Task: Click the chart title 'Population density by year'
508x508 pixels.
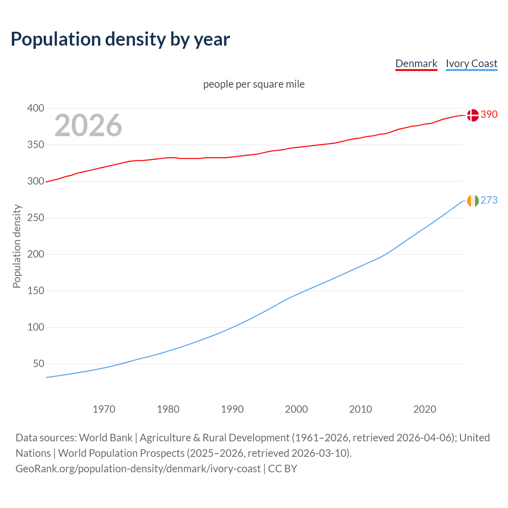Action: pos(120,39)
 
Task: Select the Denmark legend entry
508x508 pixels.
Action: pos(416,63)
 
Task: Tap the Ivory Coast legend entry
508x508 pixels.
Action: pos(471,63)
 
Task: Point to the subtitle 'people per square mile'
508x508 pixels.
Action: pos(254,84)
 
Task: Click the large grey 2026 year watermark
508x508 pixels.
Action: pos(88,125)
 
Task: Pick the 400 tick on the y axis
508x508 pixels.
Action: pos(35,108)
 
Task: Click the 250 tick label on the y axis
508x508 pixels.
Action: pos(35,218)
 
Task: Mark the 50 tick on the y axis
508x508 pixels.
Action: pos(38,364)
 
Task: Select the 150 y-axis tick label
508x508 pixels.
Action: pos(35,291)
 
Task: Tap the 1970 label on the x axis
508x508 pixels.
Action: pos(104,409)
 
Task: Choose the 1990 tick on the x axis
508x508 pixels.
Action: pos(232,409)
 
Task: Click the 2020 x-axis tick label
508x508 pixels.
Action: pos(425,409)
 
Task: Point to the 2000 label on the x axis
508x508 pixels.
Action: pos(296,409)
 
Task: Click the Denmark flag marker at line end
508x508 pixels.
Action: pos(472,115)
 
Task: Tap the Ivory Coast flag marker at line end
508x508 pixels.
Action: pos(472,201)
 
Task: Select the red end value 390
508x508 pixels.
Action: pos(489,115)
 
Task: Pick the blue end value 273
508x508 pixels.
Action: pos(489,200)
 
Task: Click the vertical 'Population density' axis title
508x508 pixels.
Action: pos(17,246)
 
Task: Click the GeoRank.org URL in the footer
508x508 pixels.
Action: pos(138,469)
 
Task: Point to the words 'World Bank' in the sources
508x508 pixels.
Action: pos(106,438)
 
